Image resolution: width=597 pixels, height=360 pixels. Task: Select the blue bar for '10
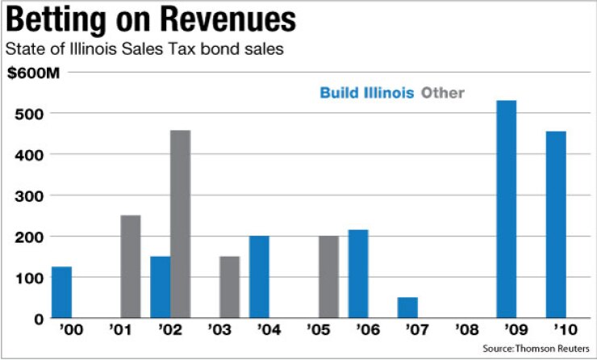pos(556,224)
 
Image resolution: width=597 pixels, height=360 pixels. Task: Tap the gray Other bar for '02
pos(181,224)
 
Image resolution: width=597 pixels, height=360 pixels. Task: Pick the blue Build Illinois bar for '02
pos(161,287)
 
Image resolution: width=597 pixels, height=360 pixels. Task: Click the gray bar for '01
pos(131,266)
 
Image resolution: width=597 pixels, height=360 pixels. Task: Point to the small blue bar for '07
pos(407,308)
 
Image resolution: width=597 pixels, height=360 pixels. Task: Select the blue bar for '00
pos(61,292)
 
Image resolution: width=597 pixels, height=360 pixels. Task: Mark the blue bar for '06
pos(358,274)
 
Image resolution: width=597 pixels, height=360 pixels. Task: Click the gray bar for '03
pos(230,287)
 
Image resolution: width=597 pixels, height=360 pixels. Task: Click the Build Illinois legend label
pos(366,93)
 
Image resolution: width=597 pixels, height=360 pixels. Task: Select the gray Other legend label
pos(443,93)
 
